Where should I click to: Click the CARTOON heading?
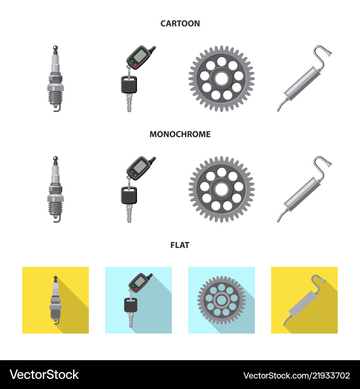pyautogui.click(x=180, y=23)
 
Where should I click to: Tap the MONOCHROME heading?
pyautogui.click(x=180, y=134)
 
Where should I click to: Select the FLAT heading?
pyautogui.click(x=180, y=245)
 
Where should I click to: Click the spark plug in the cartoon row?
pyautogui.click(x=55, y=79)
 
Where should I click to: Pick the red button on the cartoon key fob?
pyautogui.click(x=135, y=64)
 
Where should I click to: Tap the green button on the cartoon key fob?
pyautogui.click(x=132, y=61)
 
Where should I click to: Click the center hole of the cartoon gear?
pyautogui.click(x=221, y=79)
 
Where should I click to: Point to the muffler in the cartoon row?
pyautogui.click(x=305, y=79)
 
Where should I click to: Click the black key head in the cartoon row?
pyautogui.click(x=129, y=85)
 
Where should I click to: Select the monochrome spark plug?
pyautogui.click(x=55, y=189)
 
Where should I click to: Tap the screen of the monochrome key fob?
pyautogui.click(x=140, y=166)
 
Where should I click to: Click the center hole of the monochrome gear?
pyautogui.click(x=221, y=189)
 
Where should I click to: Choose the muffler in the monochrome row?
pyautogui.click(x=305, y=189)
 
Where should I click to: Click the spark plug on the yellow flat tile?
pyautogui.click(x=55, y=300)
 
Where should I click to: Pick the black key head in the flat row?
pyautogui.click(x=131, y=305)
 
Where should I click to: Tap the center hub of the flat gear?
pyautogui.click(x=221, y=300)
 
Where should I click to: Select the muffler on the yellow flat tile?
pyautogui.click(x=305, y=300)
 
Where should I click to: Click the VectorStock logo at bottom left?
pyautogui.click(x=44, y=375)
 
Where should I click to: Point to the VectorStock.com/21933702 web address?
pyautogui.click(x=297, y=375)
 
